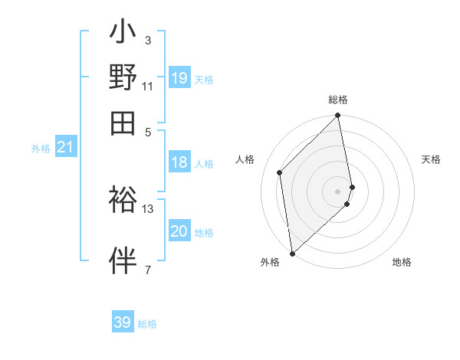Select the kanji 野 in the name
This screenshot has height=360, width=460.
123,77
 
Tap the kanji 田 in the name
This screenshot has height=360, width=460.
123,122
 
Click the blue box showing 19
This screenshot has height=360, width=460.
179,78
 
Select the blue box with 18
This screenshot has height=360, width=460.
179,162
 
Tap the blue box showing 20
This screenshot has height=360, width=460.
179,231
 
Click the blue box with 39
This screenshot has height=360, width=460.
123,322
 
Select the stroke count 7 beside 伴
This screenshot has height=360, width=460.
148,270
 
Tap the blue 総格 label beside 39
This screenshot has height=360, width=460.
147,324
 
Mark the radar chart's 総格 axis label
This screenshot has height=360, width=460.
338,100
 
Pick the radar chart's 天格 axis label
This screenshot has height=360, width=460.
432,159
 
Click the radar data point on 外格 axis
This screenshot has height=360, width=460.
292,254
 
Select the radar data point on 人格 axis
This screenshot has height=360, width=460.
280,172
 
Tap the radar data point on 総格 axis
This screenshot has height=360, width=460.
338,116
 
